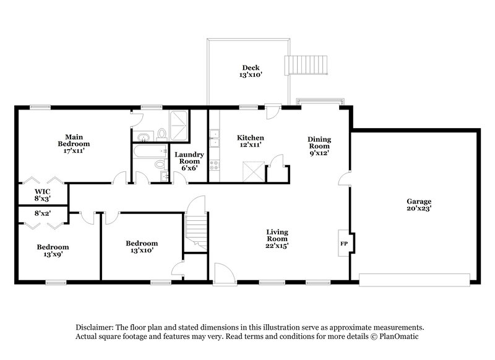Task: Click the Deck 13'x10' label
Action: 251,71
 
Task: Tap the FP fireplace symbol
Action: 344,243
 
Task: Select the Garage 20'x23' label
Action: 419,205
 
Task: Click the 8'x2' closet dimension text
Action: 42,213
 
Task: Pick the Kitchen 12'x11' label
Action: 251,141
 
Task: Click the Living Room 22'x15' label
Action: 277,239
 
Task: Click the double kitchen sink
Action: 214,139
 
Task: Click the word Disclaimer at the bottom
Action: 99,327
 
